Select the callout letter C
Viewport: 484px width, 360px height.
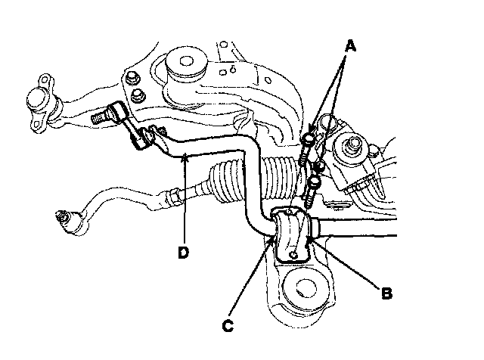(x=227, y=325)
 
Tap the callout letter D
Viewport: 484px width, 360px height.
(x=183, y=253)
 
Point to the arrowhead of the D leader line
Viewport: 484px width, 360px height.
(x=183, y=156)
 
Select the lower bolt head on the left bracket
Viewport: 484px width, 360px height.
(x=138, y=94)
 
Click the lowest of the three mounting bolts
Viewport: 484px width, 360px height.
(x=312, y=192)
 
